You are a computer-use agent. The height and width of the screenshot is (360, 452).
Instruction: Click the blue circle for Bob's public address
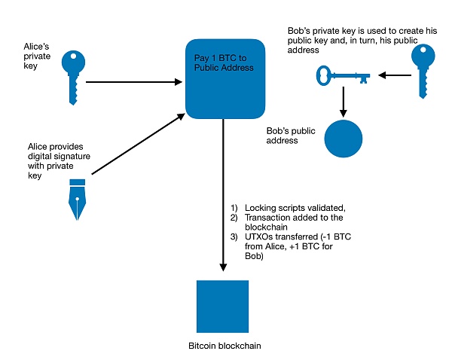pos(344,138)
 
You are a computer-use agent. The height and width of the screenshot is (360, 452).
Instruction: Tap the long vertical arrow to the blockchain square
pos(223,196)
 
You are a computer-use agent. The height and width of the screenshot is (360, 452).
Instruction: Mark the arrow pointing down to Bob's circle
pos(344,98)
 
